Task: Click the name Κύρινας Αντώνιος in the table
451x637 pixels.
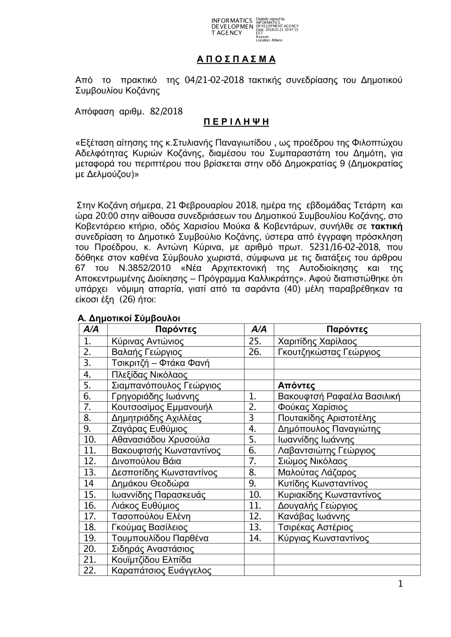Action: tap(147, 341)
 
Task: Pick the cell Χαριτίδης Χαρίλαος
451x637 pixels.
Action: tap(318, 341)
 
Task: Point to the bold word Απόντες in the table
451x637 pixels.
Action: tap(296, 385)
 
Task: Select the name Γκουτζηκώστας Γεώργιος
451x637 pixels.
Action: tap(329, 352)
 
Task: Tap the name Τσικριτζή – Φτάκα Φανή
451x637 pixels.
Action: tap(161, 363)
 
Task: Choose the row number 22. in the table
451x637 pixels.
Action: tap(90, 570)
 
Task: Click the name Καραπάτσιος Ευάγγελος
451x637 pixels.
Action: tap(161, 570)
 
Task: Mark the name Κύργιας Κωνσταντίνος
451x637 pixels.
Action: tap(323, 538)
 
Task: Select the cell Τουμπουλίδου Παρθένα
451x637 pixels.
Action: tap(160, 538)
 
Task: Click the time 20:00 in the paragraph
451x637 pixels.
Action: tap(101, 215)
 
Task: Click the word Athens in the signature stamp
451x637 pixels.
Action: tap(277, 40)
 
